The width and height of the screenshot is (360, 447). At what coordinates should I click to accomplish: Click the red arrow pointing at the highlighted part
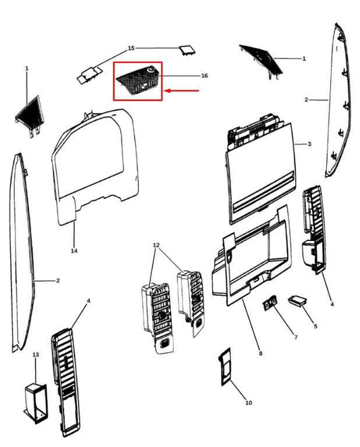point(182,91)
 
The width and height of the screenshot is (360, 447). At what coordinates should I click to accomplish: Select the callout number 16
point(204,76)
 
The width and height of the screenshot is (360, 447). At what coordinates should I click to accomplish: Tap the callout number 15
point(131,48)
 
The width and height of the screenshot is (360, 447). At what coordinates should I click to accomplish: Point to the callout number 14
point(74,251)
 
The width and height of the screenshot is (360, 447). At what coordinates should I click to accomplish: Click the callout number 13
point(36,354)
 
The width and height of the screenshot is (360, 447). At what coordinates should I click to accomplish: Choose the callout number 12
point(156,245)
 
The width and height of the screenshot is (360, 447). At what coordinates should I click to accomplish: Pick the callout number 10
point(249,402)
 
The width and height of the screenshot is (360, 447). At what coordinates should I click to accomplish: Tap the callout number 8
point(261,354)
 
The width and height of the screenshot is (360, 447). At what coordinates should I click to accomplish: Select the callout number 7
point(296,337)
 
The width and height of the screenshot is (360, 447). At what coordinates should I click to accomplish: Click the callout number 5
point(315,326)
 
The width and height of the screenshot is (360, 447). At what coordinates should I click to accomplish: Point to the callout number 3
point(309,144)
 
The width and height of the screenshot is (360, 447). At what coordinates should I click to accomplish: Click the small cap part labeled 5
point(297,300)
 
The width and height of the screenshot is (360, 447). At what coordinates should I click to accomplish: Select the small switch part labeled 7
point(269,304)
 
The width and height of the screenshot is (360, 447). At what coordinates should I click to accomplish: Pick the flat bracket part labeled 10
point(225,367)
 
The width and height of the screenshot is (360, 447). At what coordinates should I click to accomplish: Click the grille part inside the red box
point(138,80)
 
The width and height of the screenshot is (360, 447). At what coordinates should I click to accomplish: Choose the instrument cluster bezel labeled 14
point(95,166)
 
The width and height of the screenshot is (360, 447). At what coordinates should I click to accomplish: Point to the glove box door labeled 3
point(260,170)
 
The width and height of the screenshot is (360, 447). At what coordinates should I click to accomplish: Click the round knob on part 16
point(150,70)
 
